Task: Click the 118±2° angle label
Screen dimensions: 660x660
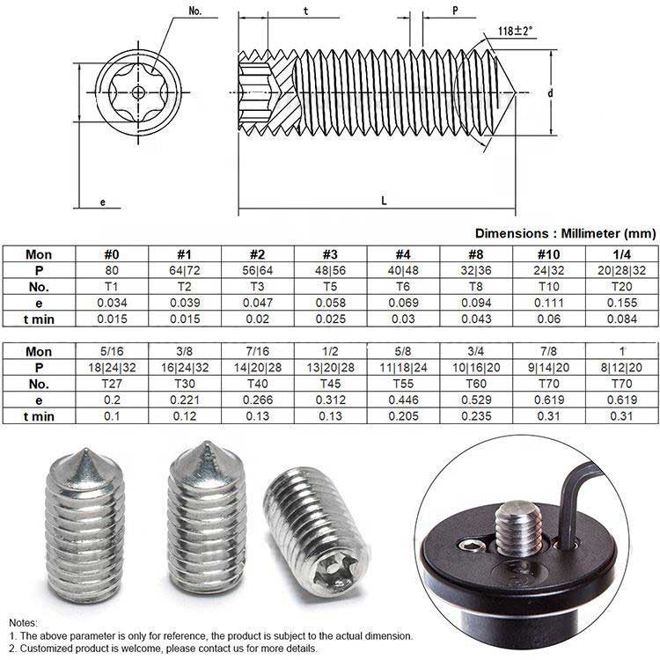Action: (515, 31)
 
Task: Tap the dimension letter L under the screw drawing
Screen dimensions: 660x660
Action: (384, 201)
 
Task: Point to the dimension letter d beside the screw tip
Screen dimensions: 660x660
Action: (550, 93)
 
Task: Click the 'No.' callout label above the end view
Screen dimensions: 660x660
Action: (195, 11)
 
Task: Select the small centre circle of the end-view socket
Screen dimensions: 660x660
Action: (138, 92)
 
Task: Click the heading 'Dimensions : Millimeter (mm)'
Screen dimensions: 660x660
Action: (565, 233)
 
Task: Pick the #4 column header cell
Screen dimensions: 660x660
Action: (403, 254)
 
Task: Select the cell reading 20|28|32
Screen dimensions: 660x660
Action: (621, 270)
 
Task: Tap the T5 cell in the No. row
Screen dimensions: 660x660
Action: (330, 287)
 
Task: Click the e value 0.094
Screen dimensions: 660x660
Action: (476, 303)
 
